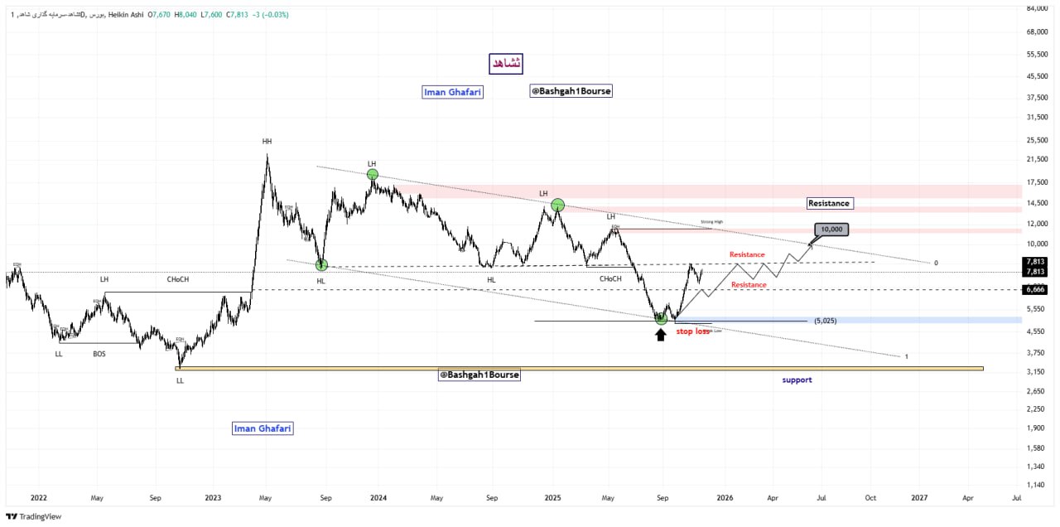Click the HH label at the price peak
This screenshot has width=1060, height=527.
[267, 142]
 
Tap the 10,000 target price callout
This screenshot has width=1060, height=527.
[832, 230]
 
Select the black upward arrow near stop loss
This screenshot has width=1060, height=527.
[660, 334]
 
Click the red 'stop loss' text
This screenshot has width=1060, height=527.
[693, 331]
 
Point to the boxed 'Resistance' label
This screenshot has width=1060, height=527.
[829, 203]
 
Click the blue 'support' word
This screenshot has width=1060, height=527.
[797, 380]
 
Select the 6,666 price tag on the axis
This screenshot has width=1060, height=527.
[1034, 289]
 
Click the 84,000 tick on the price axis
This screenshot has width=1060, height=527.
[1037, 9]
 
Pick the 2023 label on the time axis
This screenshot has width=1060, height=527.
[213, 498]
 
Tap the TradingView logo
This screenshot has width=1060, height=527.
[34, 516]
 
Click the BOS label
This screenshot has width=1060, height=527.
[99, 354]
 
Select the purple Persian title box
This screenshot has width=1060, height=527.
[505, 63]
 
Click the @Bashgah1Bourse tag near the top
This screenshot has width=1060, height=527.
[571, 91]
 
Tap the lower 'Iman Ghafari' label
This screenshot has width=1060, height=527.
[263, 428]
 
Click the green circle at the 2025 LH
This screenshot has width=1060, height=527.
[557, 205]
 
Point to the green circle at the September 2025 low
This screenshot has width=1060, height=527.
[661, 318]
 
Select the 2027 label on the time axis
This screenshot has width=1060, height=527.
[919, 498]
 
